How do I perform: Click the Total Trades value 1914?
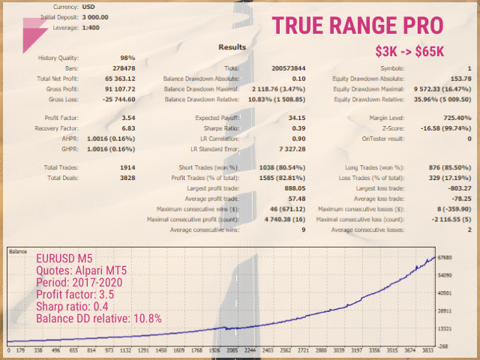click(127, 167)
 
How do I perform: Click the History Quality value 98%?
click(127, 58)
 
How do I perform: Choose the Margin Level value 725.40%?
click(457, 118)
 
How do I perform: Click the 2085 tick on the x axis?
click(234, 349)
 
